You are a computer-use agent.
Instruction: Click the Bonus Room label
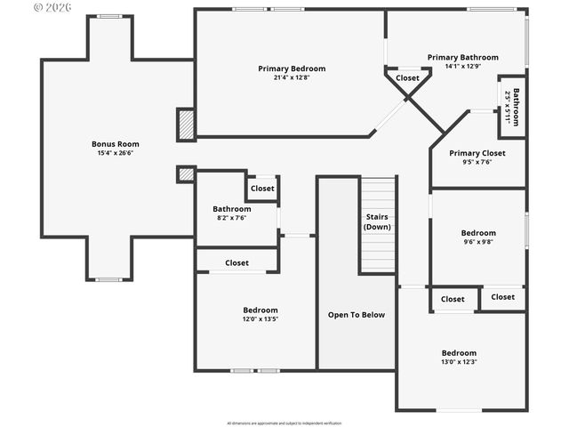coord(116,143)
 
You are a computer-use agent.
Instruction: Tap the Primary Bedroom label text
coord(292,68)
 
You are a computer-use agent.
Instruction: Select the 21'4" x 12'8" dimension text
coord(292,77)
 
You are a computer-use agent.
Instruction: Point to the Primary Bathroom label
coord(462,57)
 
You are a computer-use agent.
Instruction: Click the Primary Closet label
coord(477,152)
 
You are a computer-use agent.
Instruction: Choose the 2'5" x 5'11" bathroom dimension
coord(509,107)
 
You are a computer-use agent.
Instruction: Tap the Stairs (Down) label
coord(377,222)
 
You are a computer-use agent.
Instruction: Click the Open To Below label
coord(357,315)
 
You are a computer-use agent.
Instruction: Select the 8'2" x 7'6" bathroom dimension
coord(231,218)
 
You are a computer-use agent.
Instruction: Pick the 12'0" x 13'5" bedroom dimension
coord(260,319)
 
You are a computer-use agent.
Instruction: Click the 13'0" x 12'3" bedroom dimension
coord(459,361)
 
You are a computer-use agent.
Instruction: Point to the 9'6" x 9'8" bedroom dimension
coord(478,241)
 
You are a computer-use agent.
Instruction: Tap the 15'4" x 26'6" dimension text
coord(116,152)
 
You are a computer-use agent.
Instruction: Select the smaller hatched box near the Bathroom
coord(186,174)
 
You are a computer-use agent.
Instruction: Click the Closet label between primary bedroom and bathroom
coord(407,78)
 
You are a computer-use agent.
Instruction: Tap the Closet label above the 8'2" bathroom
coord(262,189)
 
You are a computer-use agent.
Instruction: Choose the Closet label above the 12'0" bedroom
coord(236,262)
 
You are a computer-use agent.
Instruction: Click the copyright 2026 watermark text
coord(52,7)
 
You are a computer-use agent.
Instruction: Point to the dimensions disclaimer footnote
coord(284,423)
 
